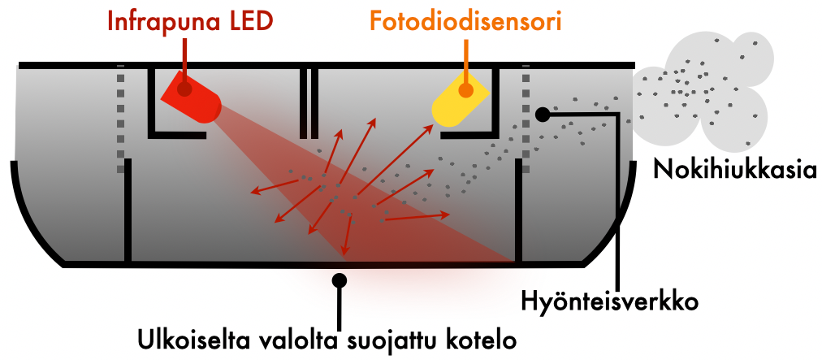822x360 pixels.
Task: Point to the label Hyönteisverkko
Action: click(610, 302)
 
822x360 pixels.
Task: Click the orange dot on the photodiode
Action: click(465, 91)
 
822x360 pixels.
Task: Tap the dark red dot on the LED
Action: click(184, 89)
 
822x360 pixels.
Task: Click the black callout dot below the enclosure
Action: click(340, 280)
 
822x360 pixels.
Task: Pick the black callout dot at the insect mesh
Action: click(543, 114)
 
